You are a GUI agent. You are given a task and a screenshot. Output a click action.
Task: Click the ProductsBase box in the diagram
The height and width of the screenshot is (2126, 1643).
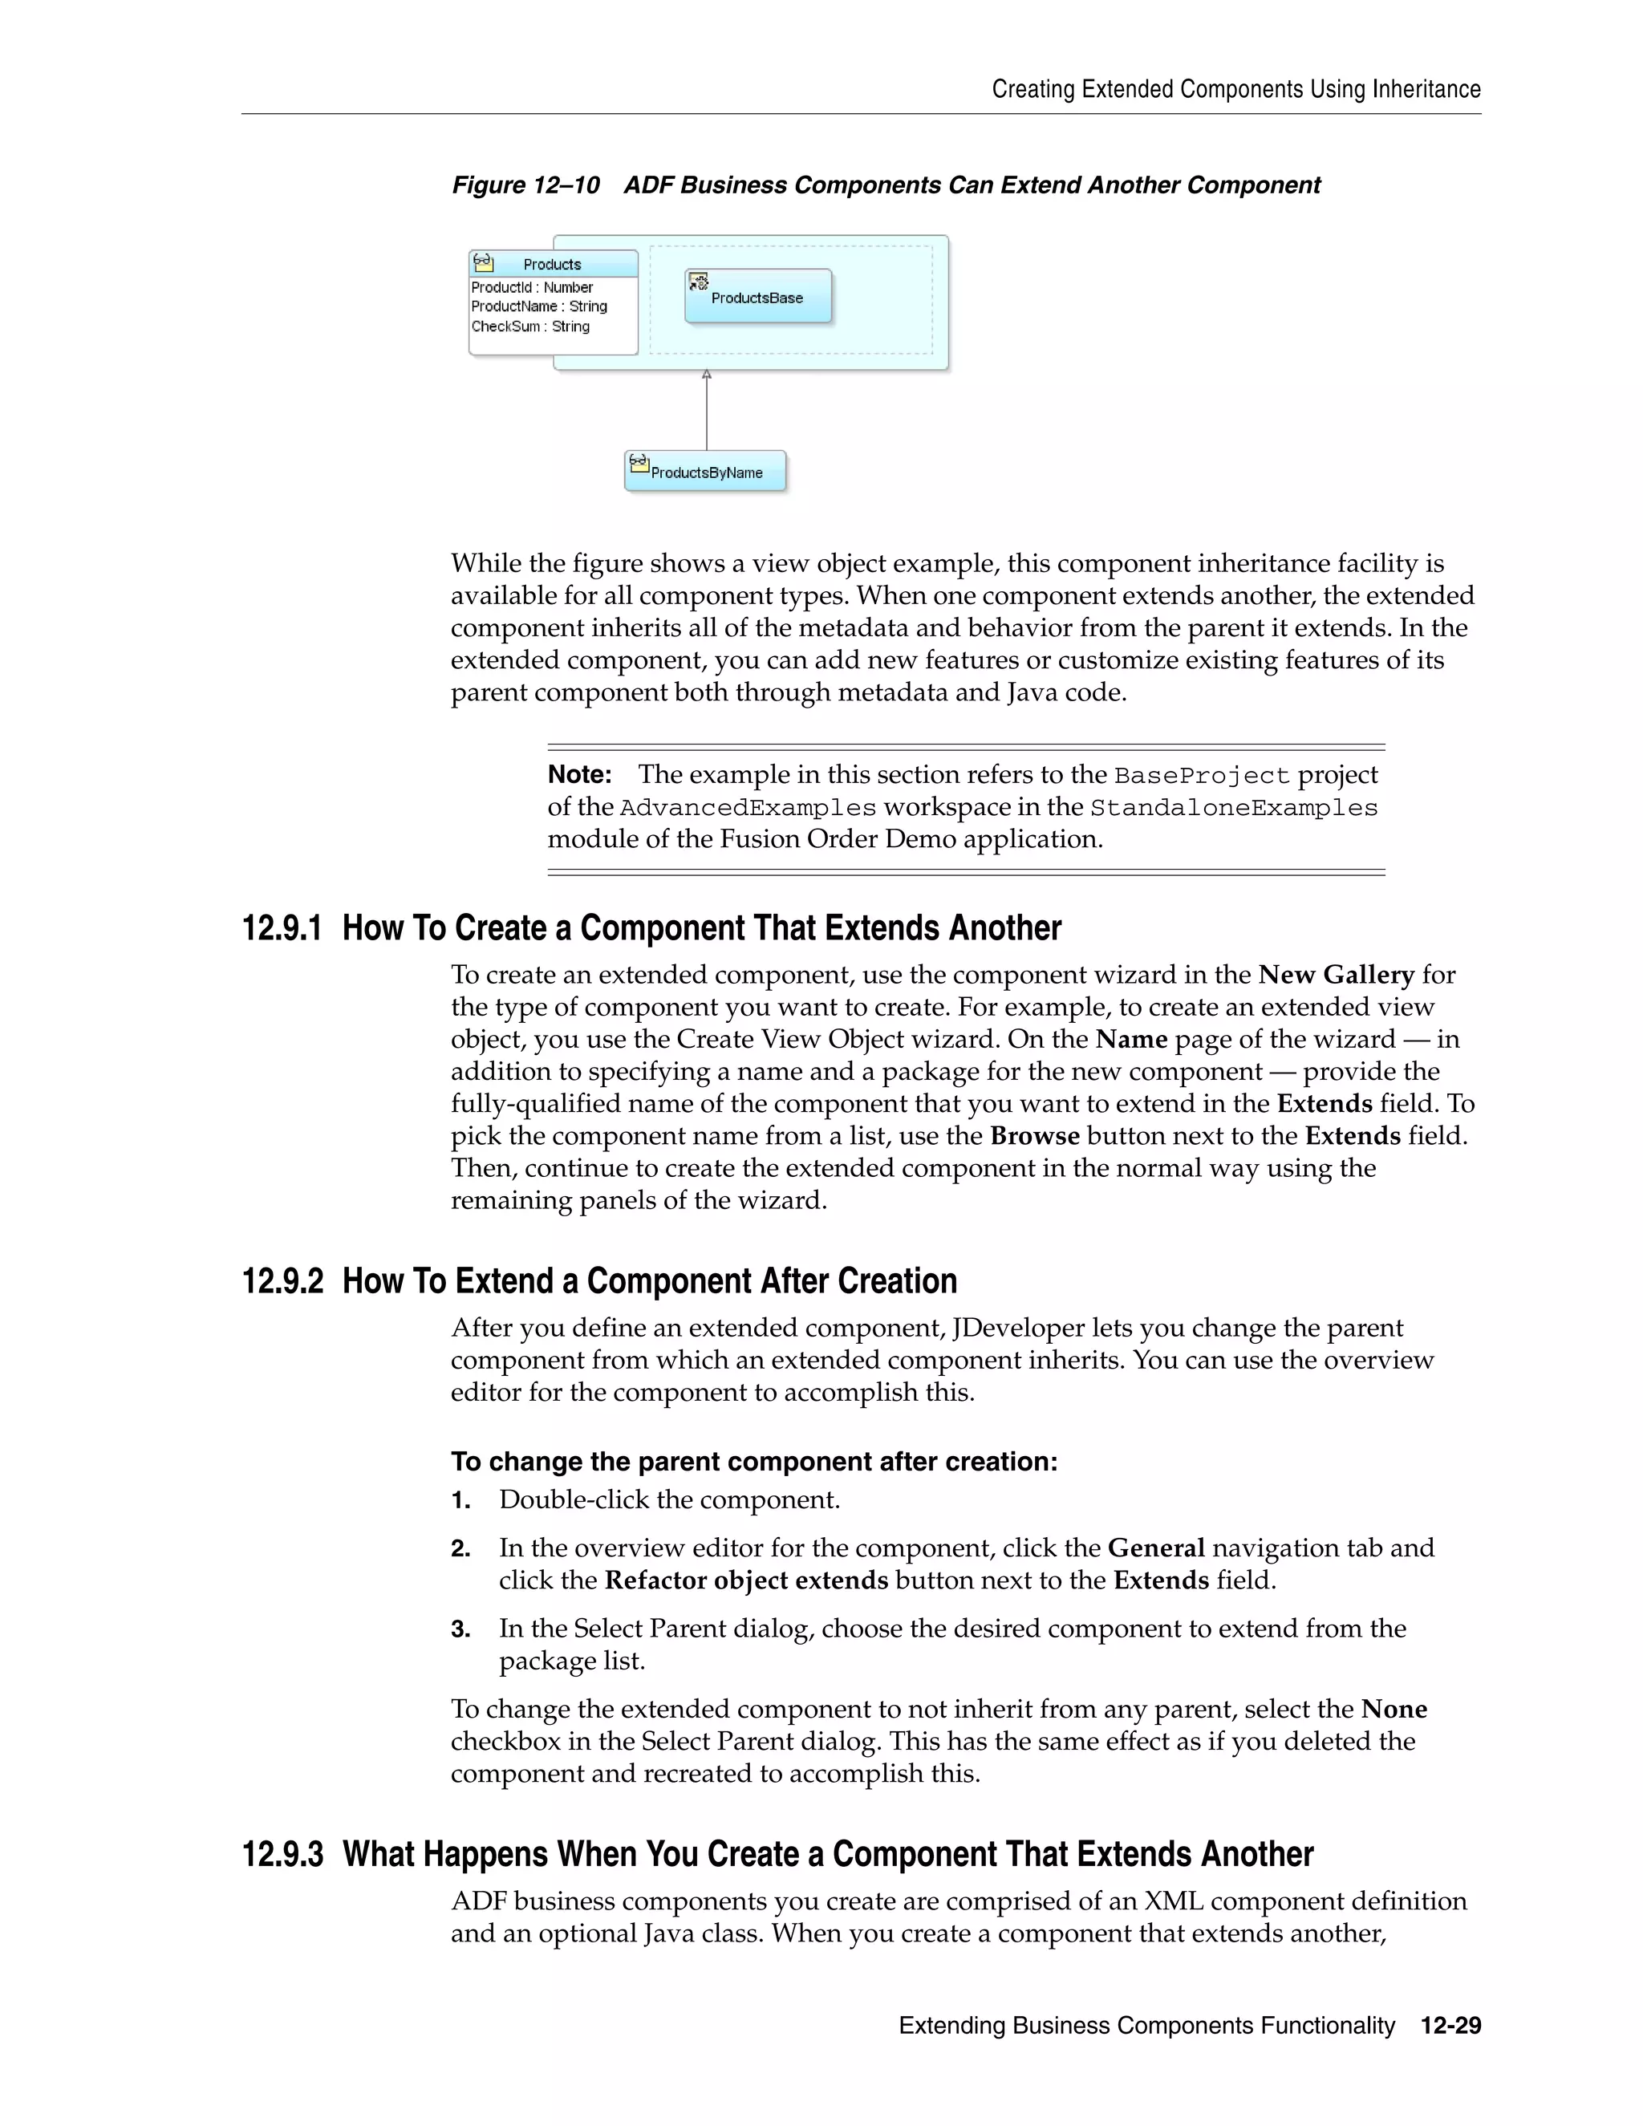757,297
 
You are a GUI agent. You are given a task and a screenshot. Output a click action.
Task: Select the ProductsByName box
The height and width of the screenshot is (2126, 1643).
706,471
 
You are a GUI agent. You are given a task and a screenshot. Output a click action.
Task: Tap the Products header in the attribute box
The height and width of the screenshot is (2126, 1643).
552,264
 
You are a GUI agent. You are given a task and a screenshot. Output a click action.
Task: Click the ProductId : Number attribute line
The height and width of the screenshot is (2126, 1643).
533,287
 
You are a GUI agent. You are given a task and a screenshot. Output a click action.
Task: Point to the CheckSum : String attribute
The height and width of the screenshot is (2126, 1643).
530,326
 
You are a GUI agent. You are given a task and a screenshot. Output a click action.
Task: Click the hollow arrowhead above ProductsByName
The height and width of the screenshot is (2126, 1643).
707,375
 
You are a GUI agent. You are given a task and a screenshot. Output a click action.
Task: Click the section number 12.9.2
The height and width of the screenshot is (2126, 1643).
282,1281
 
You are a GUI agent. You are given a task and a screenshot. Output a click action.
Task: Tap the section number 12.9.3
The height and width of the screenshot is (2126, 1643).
282,1854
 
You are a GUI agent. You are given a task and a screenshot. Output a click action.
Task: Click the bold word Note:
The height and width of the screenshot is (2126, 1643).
579,775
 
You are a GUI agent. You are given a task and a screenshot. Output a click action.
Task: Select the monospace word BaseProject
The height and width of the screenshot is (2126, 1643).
1202,776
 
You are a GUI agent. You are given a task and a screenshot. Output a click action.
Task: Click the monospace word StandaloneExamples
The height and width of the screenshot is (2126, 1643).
1233,808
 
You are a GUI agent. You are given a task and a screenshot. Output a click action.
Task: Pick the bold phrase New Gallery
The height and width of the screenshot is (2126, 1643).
1336,975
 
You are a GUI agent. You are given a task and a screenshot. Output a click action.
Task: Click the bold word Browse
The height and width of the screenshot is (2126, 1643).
1035,1136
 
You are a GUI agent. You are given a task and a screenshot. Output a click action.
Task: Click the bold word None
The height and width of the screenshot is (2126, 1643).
1394,1710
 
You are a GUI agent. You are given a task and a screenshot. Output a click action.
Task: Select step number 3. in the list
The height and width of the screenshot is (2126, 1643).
461,1629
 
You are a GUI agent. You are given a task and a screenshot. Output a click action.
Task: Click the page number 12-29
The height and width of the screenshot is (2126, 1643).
1450,2026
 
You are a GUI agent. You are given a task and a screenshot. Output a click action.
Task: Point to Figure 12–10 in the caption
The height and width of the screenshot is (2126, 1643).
525,185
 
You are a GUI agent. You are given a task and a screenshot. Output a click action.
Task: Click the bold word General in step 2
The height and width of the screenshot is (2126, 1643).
1156,1548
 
